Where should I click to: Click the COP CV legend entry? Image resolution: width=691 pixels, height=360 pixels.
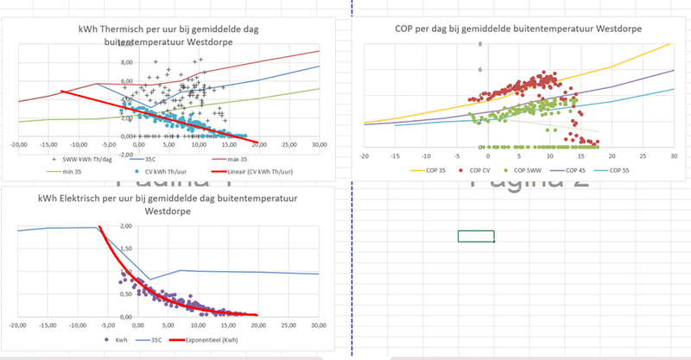point(453,172)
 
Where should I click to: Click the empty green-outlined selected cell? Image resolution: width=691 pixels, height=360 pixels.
point(476,237)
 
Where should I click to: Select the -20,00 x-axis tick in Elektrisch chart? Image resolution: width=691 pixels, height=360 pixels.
point(15,325)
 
